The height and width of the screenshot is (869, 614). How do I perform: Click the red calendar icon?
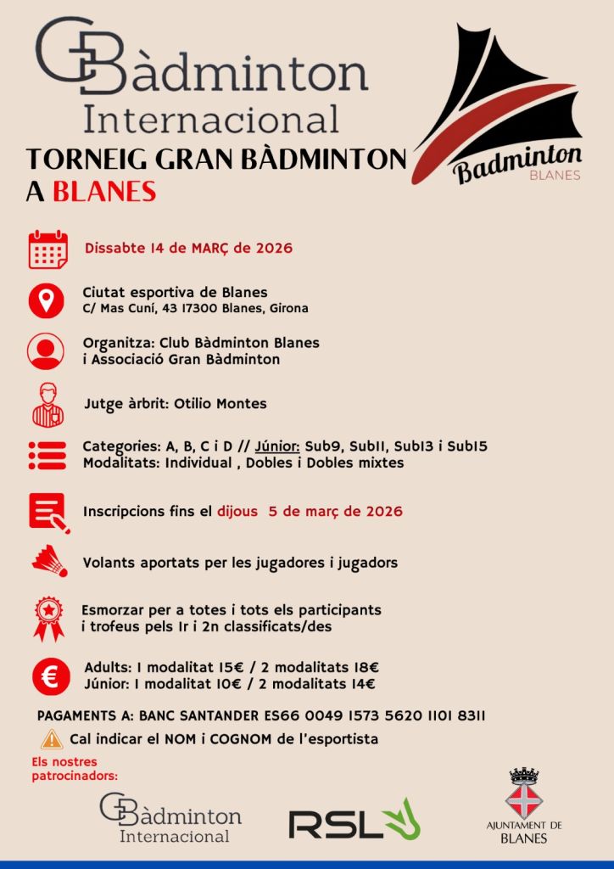[48, 249]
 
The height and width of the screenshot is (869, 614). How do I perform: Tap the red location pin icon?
[47, 300]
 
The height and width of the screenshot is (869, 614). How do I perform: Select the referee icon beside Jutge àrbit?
[47, 404]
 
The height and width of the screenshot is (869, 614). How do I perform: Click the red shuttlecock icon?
[49, 561]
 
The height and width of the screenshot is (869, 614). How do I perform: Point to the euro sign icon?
[49, 676]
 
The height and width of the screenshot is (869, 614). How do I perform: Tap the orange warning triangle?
[52, 738]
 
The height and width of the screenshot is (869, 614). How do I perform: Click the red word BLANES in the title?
[104, 191]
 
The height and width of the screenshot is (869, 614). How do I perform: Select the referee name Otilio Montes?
[220, 404]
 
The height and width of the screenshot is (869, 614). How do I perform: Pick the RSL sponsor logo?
[354, 821]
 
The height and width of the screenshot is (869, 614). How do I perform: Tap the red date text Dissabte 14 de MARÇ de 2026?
[188, 249]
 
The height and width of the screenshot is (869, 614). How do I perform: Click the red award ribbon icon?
[48, 619]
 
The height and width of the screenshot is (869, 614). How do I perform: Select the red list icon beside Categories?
[47, 455]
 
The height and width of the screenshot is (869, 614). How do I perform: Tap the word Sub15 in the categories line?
[467, 446]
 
